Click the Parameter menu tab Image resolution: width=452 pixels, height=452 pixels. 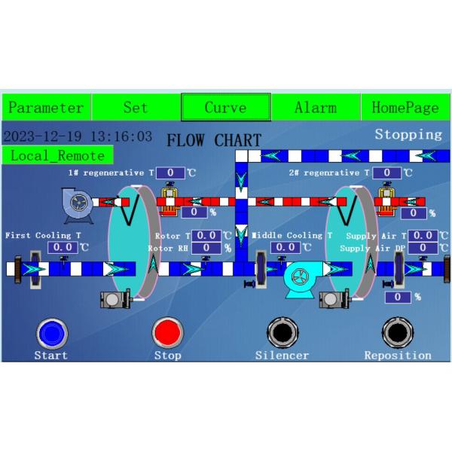click(45, 107)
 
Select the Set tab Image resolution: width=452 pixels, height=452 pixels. click(136, 107)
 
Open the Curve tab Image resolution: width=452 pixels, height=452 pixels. click(225, 107)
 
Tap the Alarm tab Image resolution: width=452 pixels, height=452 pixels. click(316, 107)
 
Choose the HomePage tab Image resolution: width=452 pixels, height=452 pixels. click(405, 107)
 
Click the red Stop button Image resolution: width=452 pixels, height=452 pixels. click(167, 332)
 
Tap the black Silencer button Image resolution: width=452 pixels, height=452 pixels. click(282, 332)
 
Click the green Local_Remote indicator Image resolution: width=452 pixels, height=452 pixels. click(57, 155)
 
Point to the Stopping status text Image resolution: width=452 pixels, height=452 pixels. click(408, 135)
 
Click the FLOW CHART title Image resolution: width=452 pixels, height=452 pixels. click(214, 140)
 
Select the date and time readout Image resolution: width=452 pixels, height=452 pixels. click(78, 137)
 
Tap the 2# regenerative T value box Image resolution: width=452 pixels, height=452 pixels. click(386, 173)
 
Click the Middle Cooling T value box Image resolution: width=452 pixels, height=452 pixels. click(286, 246)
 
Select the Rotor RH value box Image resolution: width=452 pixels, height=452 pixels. click(206, 248)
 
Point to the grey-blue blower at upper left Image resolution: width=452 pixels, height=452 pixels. click(78, 204)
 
